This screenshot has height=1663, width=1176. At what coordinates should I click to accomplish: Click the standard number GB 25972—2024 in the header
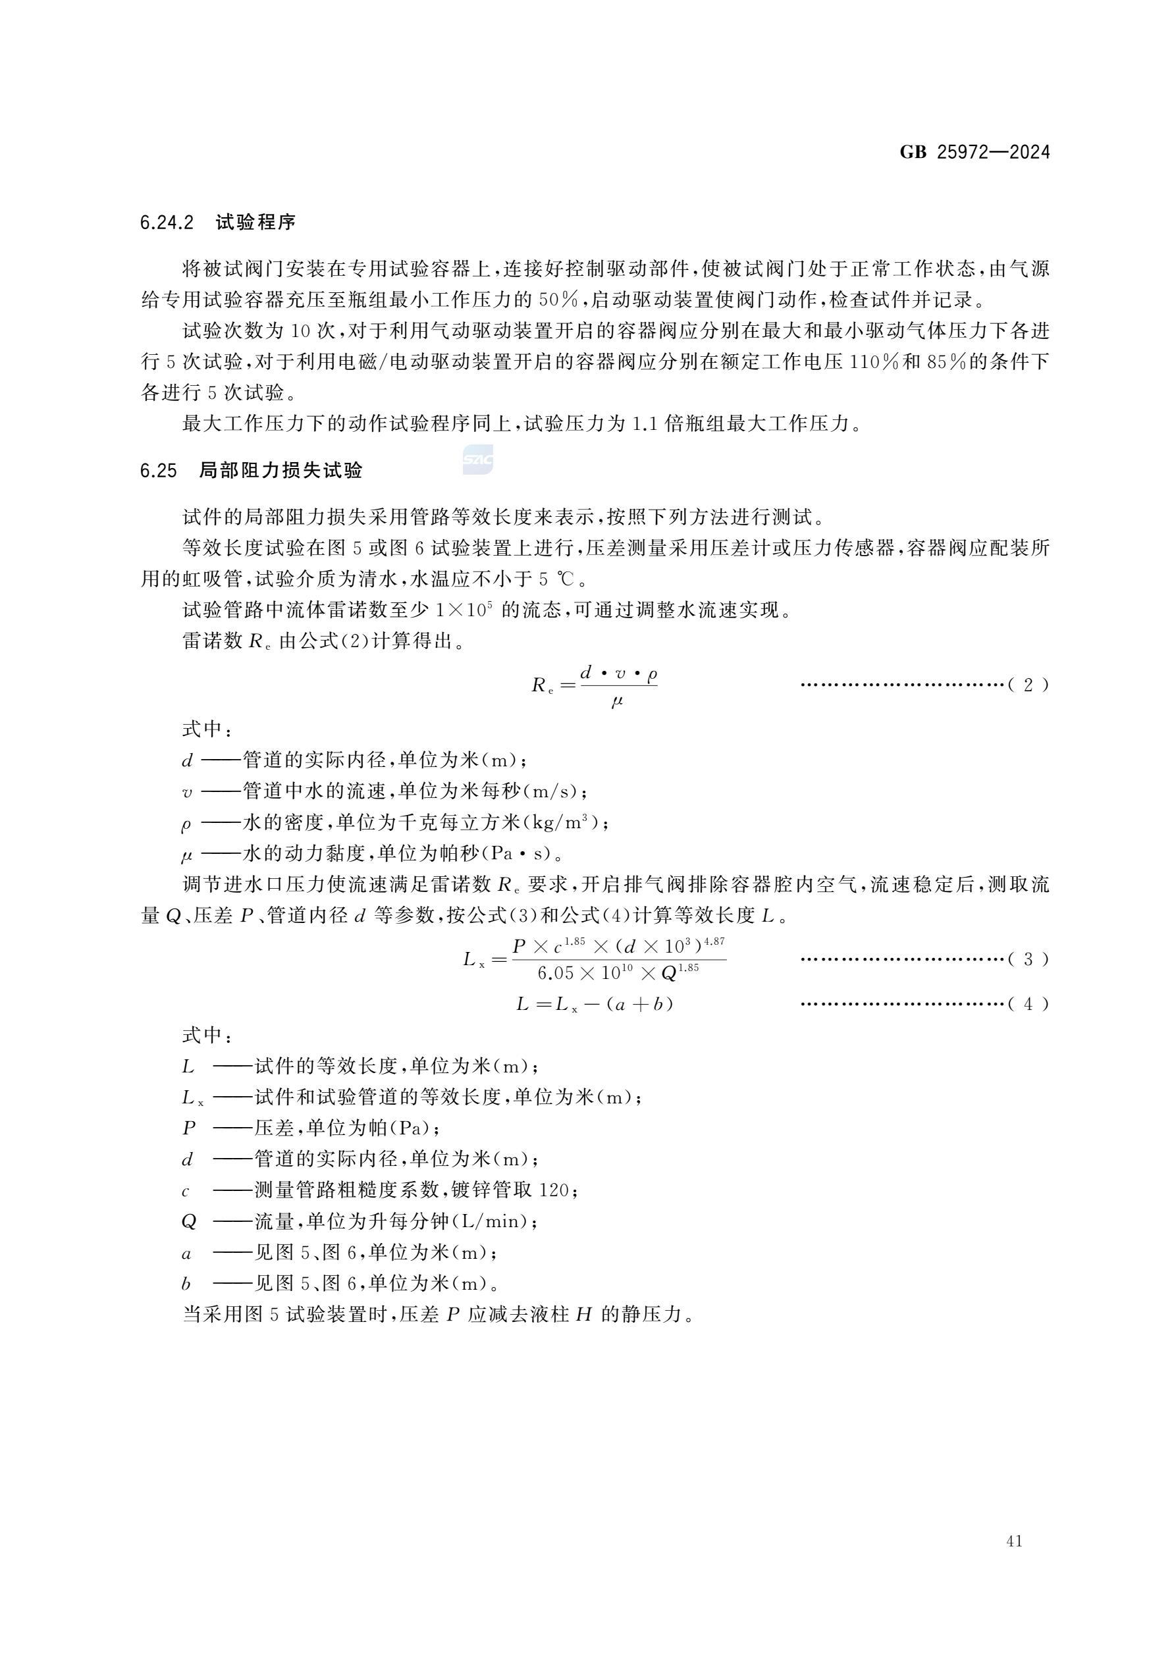click(974, 152)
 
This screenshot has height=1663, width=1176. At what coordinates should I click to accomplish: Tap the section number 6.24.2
click(167, 223)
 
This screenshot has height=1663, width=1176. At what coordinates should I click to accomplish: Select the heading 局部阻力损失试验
click(281, 471)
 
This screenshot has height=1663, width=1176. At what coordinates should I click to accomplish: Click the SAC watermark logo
click(478, 460)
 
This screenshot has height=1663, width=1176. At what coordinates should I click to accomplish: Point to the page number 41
click(1015, 1541)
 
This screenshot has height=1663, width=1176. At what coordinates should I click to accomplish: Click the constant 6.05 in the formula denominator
click(555, 974)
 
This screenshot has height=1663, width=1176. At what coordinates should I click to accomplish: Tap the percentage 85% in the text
click(946, 361)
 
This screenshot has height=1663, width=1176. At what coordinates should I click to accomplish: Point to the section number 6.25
click(159, 471)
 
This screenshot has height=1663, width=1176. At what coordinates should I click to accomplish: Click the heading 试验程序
click(255, 223)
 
